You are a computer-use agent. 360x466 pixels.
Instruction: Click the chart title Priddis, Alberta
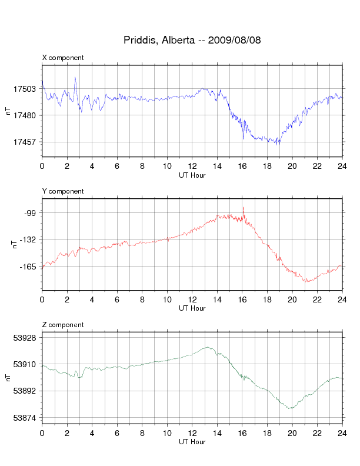[x=159, y=40]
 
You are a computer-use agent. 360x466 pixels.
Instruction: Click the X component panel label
[x=63, y=58]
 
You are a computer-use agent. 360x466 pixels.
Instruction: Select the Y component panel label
[x=63, y=191]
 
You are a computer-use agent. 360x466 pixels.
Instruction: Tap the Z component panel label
[x=63, y=325]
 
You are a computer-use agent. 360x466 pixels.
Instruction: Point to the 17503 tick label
[x=25, y=89]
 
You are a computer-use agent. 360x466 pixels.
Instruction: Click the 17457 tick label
[x=25, y=142]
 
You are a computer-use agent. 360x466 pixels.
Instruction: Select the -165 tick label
[x=28, y=267]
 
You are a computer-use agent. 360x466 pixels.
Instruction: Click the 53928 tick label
[x=25, y=338]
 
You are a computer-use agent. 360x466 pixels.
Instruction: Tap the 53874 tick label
[x=25, y=418]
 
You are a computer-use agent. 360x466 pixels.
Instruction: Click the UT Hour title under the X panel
[x=192, y=175]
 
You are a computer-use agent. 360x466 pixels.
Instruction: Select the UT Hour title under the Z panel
[x=192, y=442]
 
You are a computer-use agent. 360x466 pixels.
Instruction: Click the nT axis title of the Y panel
[x=14, y=245]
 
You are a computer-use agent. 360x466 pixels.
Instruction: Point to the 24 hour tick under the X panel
[x=342, y=166]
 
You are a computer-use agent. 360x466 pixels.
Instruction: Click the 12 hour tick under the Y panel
[x=192, y=299]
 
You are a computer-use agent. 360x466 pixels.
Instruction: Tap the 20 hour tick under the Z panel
[x=292, y=433]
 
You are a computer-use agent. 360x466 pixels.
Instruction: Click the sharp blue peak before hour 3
[x=75, y=77]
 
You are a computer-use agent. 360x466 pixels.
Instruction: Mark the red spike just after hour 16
[x=244, y=208]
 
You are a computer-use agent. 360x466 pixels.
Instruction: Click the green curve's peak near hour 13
[x=208, y=347]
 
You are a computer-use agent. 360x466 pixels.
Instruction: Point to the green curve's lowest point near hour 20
[x=291, y=408]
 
